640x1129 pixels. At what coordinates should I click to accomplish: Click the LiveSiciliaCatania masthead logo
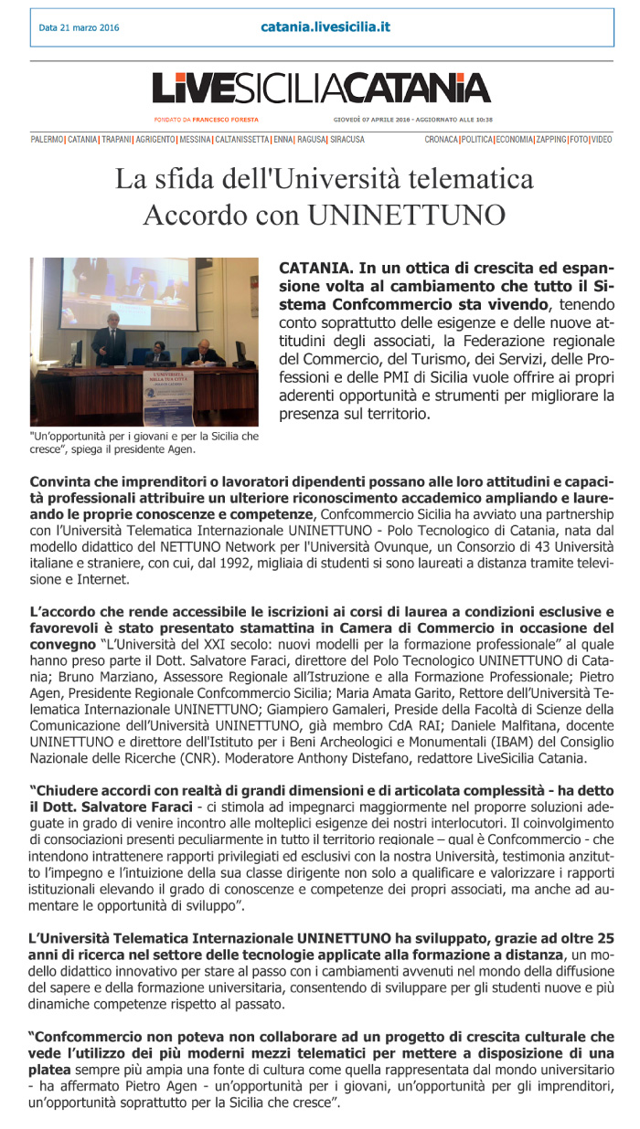(x=320, y=88)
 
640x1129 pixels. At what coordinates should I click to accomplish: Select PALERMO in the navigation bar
(x=47, y=140)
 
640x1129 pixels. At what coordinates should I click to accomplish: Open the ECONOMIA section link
(x=514, y=140)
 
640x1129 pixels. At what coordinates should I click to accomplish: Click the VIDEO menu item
(x=601, y=140)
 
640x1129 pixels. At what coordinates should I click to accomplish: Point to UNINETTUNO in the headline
(x=406, y=215)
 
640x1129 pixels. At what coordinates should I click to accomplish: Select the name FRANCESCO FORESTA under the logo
(x=227, y=120)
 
